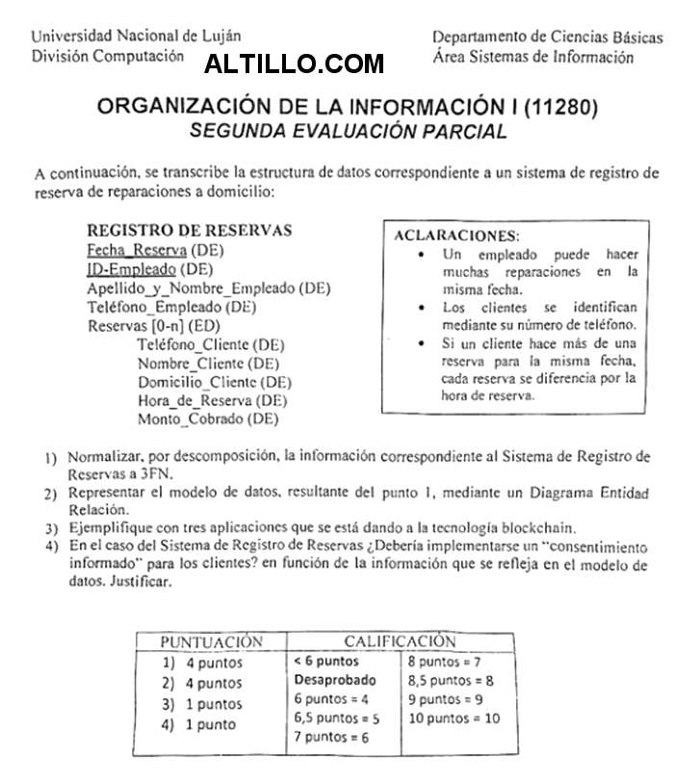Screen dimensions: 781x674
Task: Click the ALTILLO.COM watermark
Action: click(x=295, y=64)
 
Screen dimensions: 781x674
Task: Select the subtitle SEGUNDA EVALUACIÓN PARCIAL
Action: click(x=348, y=132)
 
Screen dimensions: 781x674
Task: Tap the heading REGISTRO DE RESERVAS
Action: click(x=190, y=231)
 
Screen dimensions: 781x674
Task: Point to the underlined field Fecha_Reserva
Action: click(x=131, y=250)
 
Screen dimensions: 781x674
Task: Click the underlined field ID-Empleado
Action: click(x=131, y=268)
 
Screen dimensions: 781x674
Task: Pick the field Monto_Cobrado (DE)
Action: click(x=207, y=418)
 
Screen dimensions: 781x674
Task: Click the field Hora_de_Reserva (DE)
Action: click(x=213, y=400)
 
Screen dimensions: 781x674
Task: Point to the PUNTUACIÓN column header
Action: click(x=211, y=641)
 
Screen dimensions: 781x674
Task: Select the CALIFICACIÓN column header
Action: click(x=400, y=641)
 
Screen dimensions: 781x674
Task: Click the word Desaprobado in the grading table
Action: click(x=335, y=680)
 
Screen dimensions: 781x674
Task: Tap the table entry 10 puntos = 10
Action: click(x=454, y=718)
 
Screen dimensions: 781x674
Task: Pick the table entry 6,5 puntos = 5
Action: click(x=337, y=718)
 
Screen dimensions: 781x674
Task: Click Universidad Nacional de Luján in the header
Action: click(x=137, y=37)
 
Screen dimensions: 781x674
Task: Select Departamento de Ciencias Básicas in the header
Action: click(x=546, y=37)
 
